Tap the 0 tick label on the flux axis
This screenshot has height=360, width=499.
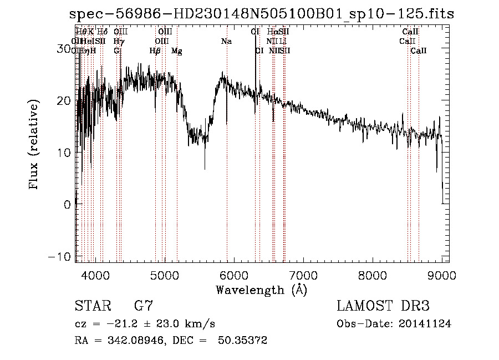[x=68, y=204]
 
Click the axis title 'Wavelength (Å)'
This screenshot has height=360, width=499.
[x=261, y=290]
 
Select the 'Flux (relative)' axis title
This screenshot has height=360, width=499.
[x=34, y=145]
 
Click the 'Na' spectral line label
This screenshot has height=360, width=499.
[x=226, y=42]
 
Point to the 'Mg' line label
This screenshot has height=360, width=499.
[x=177, y=51]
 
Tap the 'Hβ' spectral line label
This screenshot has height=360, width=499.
[x=155, y=51]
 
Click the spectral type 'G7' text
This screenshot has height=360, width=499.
[x=144, y=306]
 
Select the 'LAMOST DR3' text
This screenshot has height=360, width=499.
[x=383, y=306]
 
